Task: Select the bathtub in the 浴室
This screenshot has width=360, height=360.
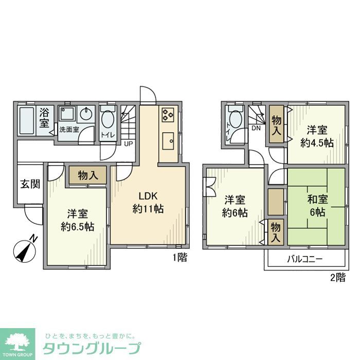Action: [28, 120]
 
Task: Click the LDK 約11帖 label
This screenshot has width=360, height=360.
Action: [148, 202]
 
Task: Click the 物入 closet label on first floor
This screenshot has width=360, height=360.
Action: [88, 176]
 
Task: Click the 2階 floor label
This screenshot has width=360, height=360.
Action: [337, 278]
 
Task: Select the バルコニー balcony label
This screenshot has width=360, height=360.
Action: [304, 260]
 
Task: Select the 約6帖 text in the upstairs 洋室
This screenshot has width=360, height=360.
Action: [235, 212]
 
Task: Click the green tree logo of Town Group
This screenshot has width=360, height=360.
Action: [17, 341]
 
